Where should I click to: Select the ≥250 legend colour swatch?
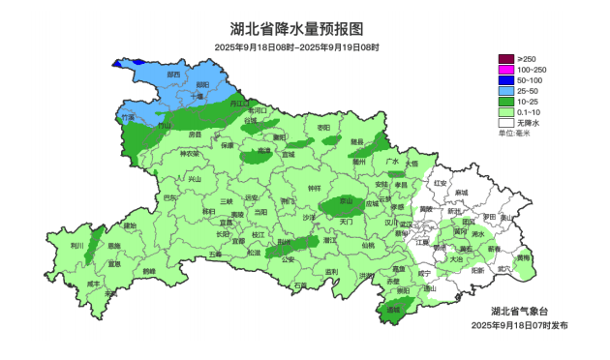[x=505, y=60]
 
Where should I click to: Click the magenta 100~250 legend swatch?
[x=505, y=71]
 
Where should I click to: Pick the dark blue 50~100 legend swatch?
[x=505, y=81]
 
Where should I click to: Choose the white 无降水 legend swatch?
[x=505, y=123]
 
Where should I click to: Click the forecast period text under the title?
[x=296, y=47]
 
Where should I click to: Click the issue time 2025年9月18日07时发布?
[x=520, y=325]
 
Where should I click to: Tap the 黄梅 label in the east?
[x=523, y=258]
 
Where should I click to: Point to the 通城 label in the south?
[x=393, y=311]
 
